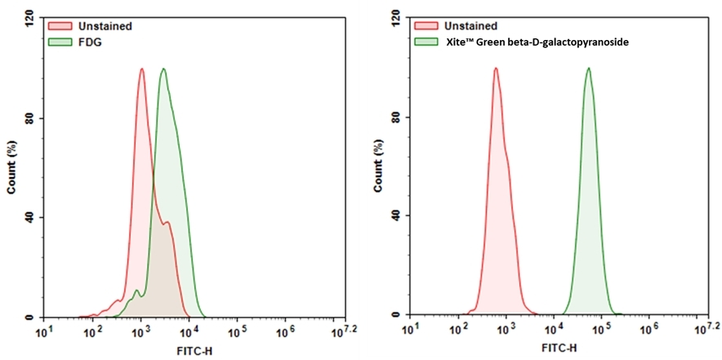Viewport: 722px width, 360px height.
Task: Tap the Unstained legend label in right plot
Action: click(470, 26)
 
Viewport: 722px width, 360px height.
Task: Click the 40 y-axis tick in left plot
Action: click(30, 217)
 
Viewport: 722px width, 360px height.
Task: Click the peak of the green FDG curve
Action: click(163, 69)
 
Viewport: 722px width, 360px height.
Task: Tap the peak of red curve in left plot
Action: click(141, 69)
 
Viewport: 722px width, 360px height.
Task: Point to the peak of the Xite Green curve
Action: click(587, 69)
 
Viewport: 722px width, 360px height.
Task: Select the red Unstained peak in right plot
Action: click(495, 69)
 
